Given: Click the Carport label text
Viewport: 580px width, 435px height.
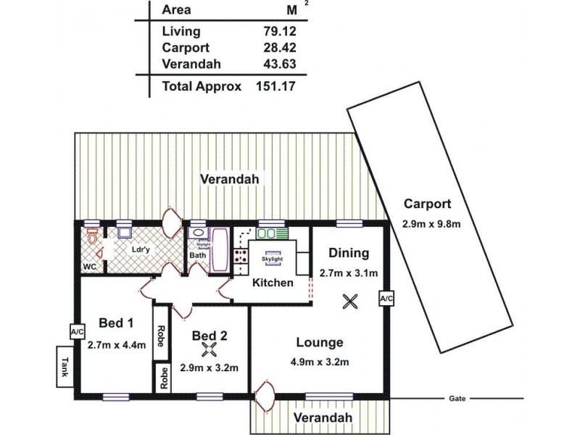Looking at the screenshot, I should [x=427, y=204].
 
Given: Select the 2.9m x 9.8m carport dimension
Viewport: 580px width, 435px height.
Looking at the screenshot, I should [x=431, y=224].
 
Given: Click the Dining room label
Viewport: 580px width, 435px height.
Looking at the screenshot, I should [x=349, y=253].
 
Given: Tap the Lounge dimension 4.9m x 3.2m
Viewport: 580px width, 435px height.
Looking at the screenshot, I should [x=320, y=362].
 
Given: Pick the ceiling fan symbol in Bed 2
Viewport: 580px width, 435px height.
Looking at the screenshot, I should [x=210, y=350].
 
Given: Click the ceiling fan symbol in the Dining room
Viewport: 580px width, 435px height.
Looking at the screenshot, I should [x=351, y=301].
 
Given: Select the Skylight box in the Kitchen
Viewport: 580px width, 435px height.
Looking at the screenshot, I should [x=273, y=258].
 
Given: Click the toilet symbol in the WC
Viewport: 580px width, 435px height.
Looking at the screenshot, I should [x=92, y=236].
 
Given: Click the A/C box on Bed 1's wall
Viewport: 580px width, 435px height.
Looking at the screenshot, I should [x=76, y=331].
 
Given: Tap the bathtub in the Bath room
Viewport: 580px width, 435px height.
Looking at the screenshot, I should [x=219, y=251].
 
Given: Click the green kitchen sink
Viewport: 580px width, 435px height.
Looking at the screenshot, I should [x=272, y=233].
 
